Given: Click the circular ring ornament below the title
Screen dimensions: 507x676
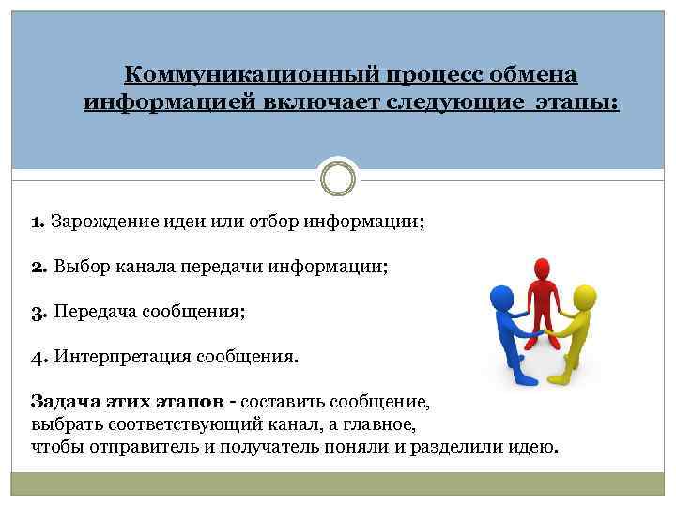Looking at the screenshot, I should point(337,176).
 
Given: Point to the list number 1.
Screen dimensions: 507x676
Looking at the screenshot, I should point(37,223).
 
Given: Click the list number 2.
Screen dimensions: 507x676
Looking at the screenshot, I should point(38,267).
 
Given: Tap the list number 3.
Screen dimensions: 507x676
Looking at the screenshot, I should point(38,311).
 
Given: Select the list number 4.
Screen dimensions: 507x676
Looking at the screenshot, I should point(38,356).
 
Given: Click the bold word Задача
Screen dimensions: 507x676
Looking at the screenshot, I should point(63,402).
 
